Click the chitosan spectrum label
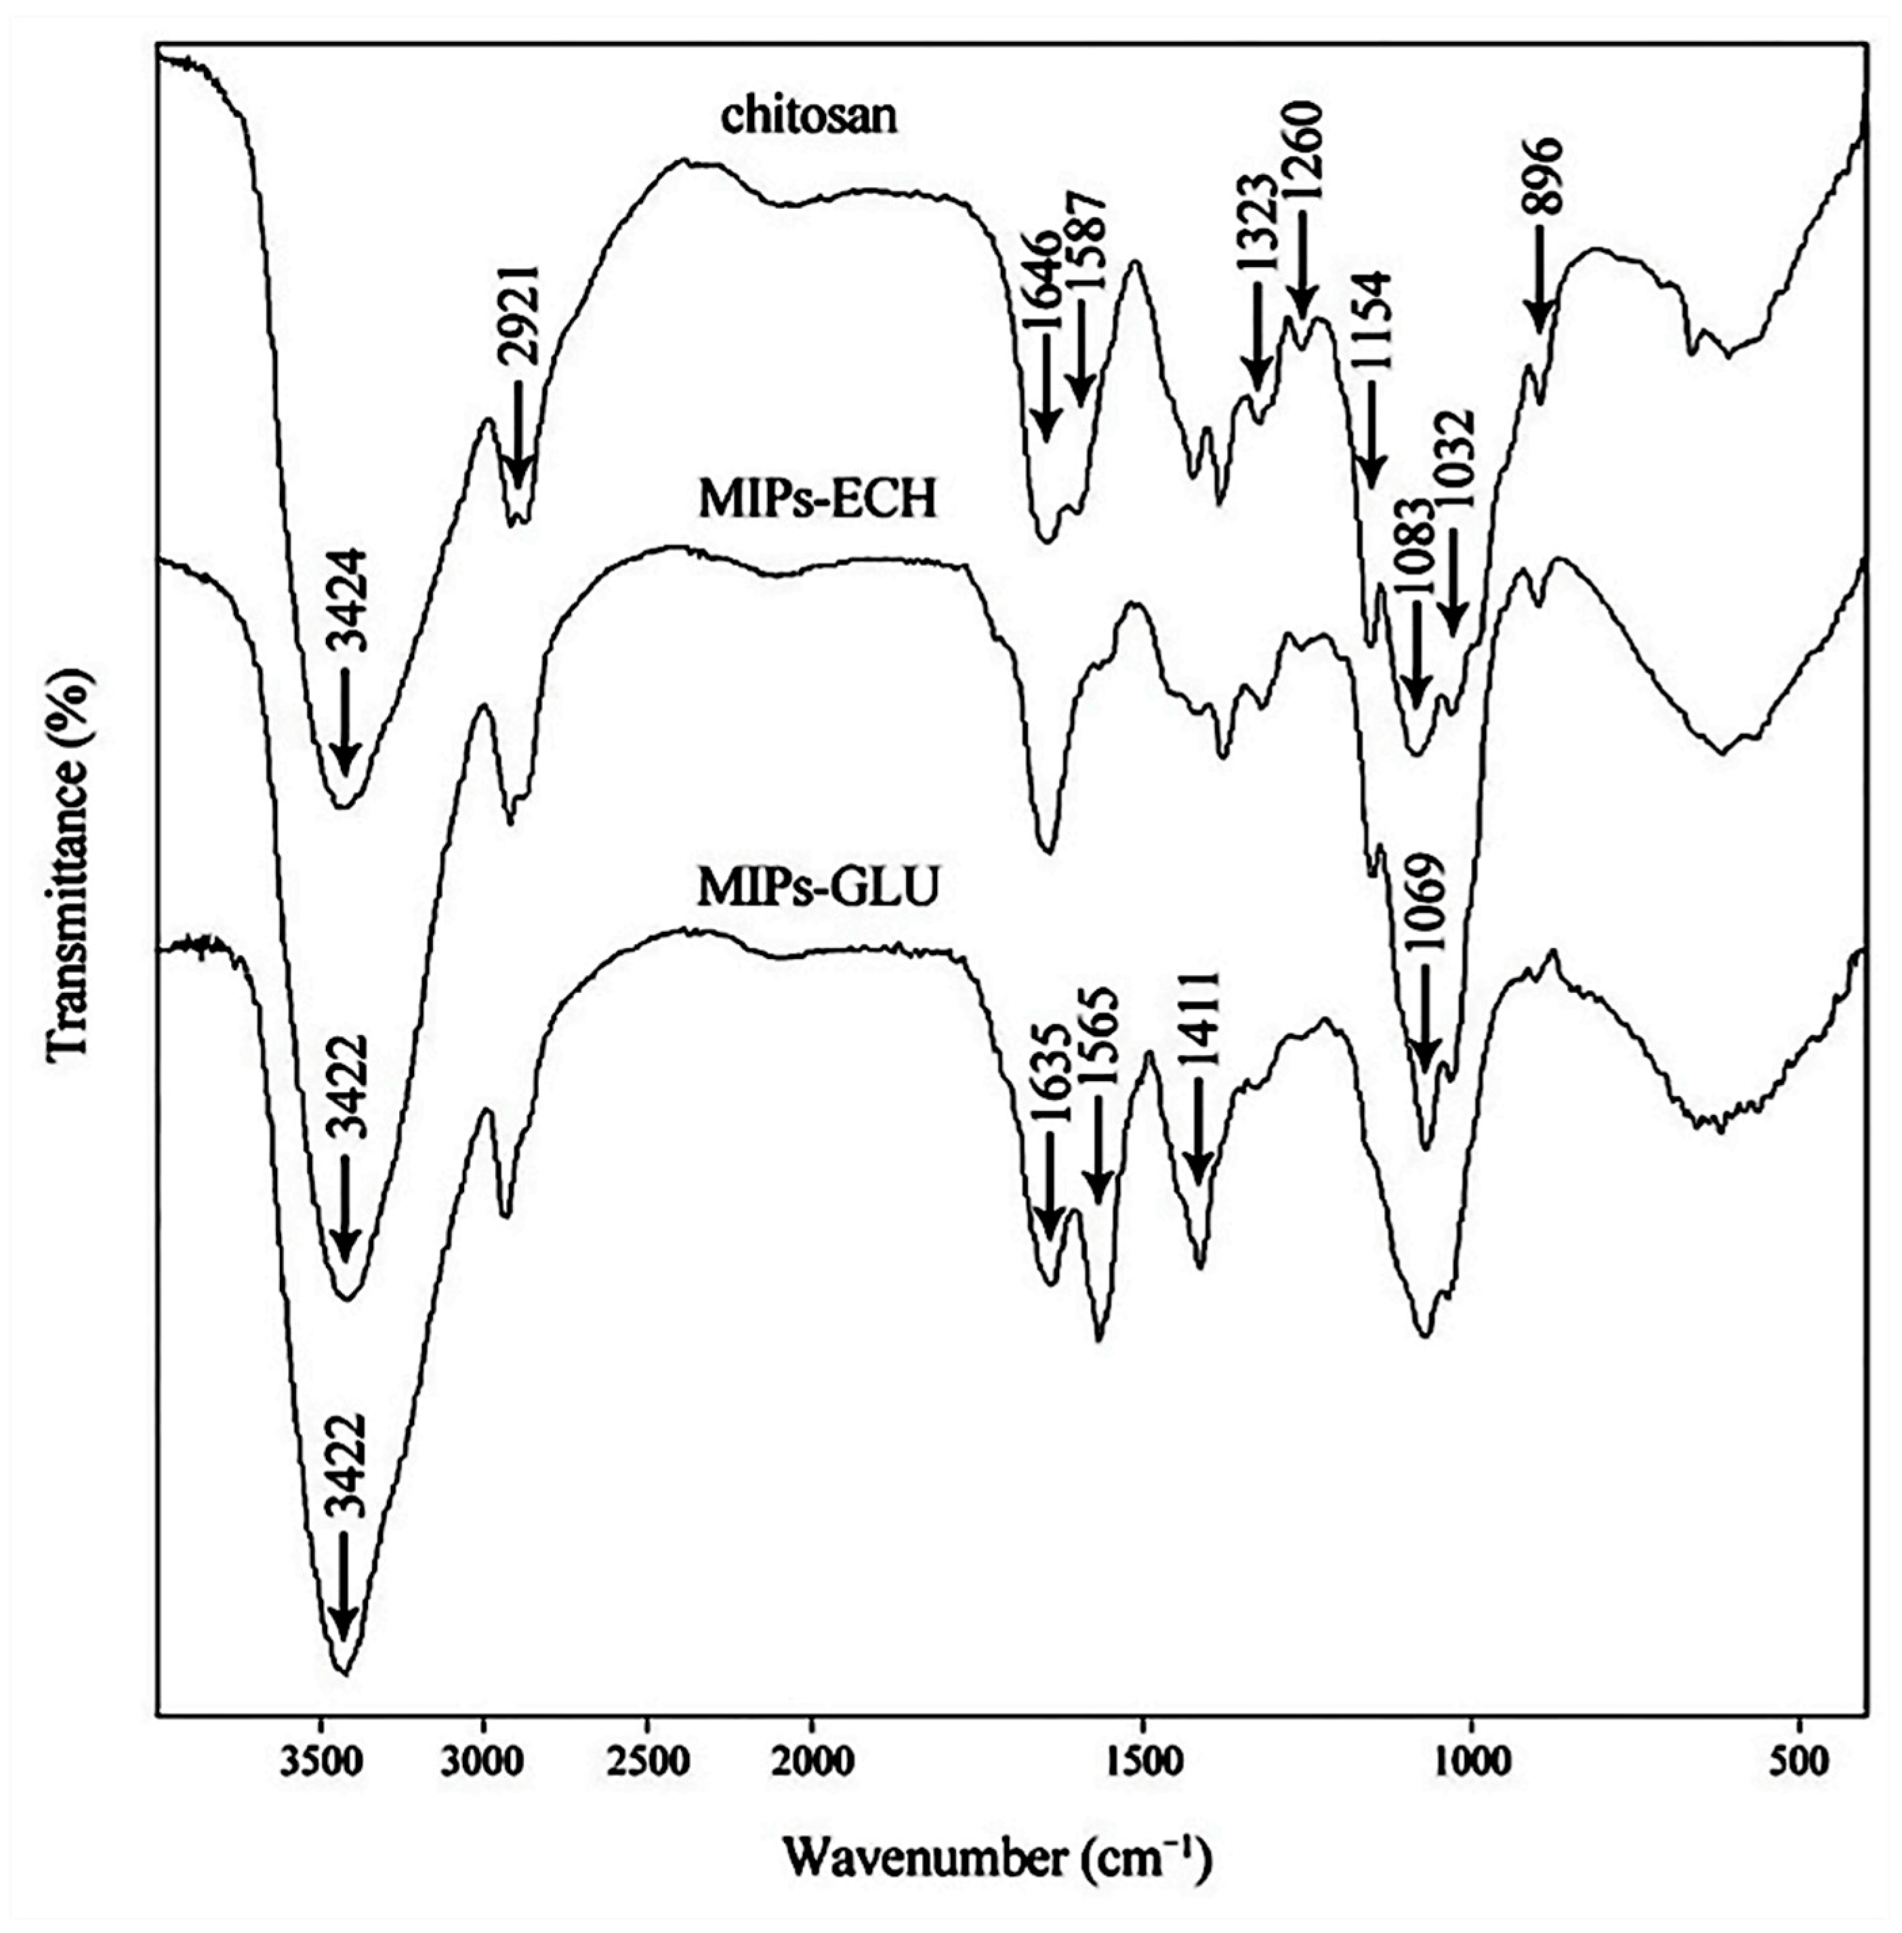point(809,117)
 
